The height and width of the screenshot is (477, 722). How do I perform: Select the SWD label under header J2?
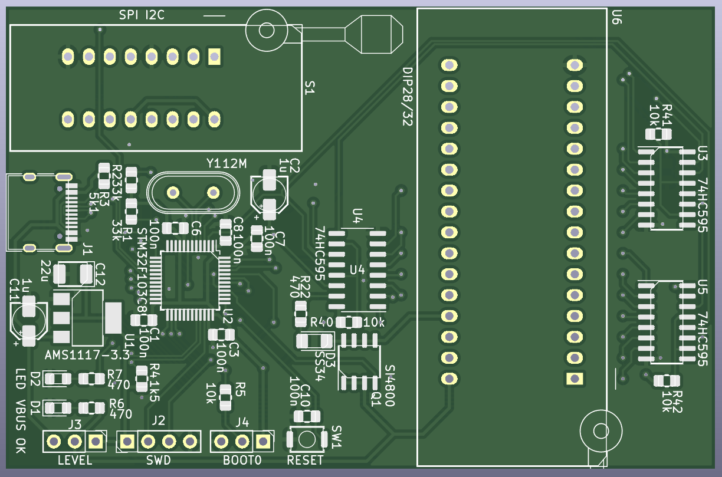[x=158, y=460]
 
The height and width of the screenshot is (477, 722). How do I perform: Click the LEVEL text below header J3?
[x=75, y=460]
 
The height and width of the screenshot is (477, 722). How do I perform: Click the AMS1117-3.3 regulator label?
[x=87, y=355]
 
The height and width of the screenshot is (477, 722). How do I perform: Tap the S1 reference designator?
[x=310, y=88]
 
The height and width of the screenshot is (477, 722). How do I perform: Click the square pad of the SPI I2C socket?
[x=214, y=57]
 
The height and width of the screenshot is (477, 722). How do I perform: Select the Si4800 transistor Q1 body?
[x=359, y=361]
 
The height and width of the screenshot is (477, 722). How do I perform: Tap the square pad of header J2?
[x=127, y=440]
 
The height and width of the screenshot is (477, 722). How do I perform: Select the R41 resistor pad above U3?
[x=658, y=134]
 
